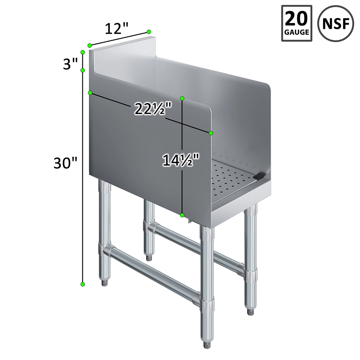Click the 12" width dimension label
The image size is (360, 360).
[x=116, y=29]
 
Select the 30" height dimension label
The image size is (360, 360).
[x=65, y=163]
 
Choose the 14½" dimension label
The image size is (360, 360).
[x=180, y=160]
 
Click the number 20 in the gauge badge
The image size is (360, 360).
[x=297, y=19]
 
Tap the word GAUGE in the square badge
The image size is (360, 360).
[x=297, y=32]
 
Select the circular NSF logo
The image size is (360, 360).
[x=336, y=23]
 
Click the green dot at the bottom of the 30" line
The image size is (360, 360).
[x=83, y=284]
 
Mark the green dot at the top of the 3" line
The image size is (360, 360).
[x=83, y=52]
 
